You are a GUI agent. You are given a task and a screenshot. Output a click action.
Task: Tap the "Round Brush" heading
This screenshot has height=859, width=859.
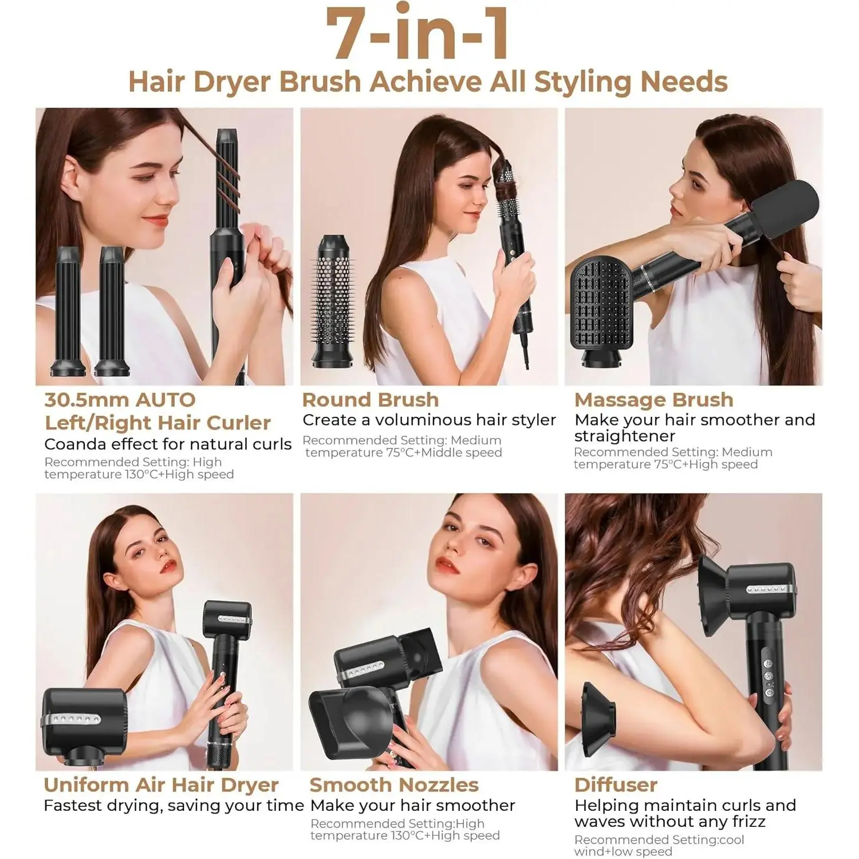[371, 400]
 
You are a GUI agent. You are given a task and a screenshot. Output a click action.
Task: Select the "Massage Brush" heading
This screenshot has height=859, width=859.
[654, 400]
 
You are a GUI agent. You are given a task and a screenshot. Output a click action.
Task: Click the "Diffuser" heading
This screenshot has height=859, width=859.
[616, 785]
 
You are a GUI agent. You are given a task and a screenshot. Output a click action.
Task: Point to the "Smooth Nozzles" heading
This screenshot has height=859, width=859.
[394, 785]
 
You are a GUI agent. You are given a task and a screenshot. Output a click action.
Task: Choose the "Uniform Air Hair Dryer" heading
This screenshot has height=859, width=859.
[161, 785]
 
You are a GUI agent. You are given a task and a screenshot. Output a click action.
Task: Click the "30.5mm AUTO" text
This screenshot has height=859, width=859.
[120, 400]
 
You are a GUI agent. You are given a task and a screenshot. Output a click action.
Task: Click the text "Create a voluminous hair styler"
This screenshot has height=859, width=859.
[429, 420]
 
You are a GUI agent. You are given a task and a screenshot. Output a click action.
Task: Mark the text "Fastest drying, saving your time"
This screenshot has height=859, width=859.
[174, 806]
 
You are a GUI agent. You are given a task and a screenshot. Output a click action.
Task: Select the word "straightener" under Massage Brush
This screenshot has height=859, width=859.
[625, 436]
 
